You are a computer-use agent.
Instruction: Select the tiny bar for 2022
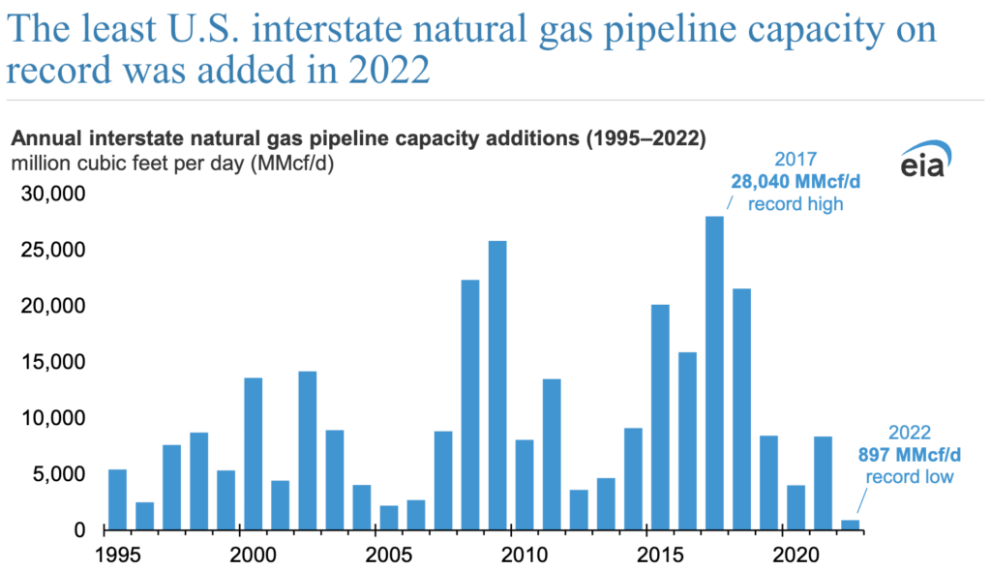click(850, 525)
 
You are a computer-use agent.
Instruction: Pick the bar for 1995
click(117, 499)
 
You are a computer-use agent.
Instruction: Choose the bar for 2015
click(660, 417)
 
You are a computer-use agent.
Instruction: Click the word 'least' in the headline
click(123, 31)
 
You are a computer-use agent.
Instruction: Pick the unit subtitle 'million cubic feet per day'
click(128, 163)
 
